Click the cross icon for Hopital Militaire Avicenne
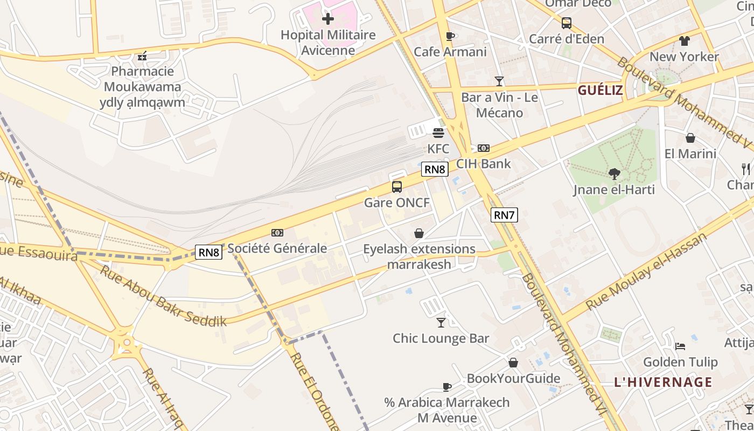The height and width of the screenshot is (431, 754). click(x=327, y=19)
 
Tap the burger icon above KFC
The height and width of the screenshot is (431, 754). click(x=438, y=133)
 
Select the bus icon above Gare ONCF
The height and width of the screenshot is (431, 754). click(x=397, y=187)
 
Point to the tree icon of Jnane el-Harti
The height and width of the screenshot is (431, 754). click(x=614, y=173)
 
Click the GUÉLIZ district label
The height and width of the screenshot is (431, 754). click(x=600, y=91)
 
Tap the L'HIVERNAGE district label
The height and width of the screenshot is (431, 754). click(x=663, y=383)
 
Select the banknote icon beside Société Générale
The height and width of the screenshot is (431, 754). click(x=277, y=233)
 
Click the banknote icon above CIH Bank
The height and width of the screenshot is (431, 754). click(x=484, y=148)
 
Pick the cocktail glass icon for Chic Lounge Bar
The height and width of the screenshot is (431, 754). click(x=441, y=323)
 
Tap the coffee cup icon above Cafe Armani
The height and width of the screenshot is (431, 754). click(x=450, y=36)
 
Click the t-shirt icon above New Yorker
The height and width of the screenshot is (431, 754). click(x=684, y=41)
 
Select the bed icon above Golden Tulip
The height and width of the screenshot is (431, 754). click(x=680, y=346)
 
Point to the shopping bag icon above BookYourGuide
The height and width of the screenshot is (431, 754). click(x=513, y=363)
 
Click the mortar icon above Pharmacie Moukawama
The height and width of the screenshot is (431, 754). click(x=142, y=55)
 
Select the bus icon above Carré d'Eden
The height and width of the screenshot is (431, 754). click(x=567, y=23)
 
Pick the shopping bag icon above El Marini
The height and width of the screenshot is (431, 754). click(x=690, y=138)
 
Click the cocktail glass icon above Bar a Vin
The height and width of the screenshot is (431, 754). click(x=499, y=81)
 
